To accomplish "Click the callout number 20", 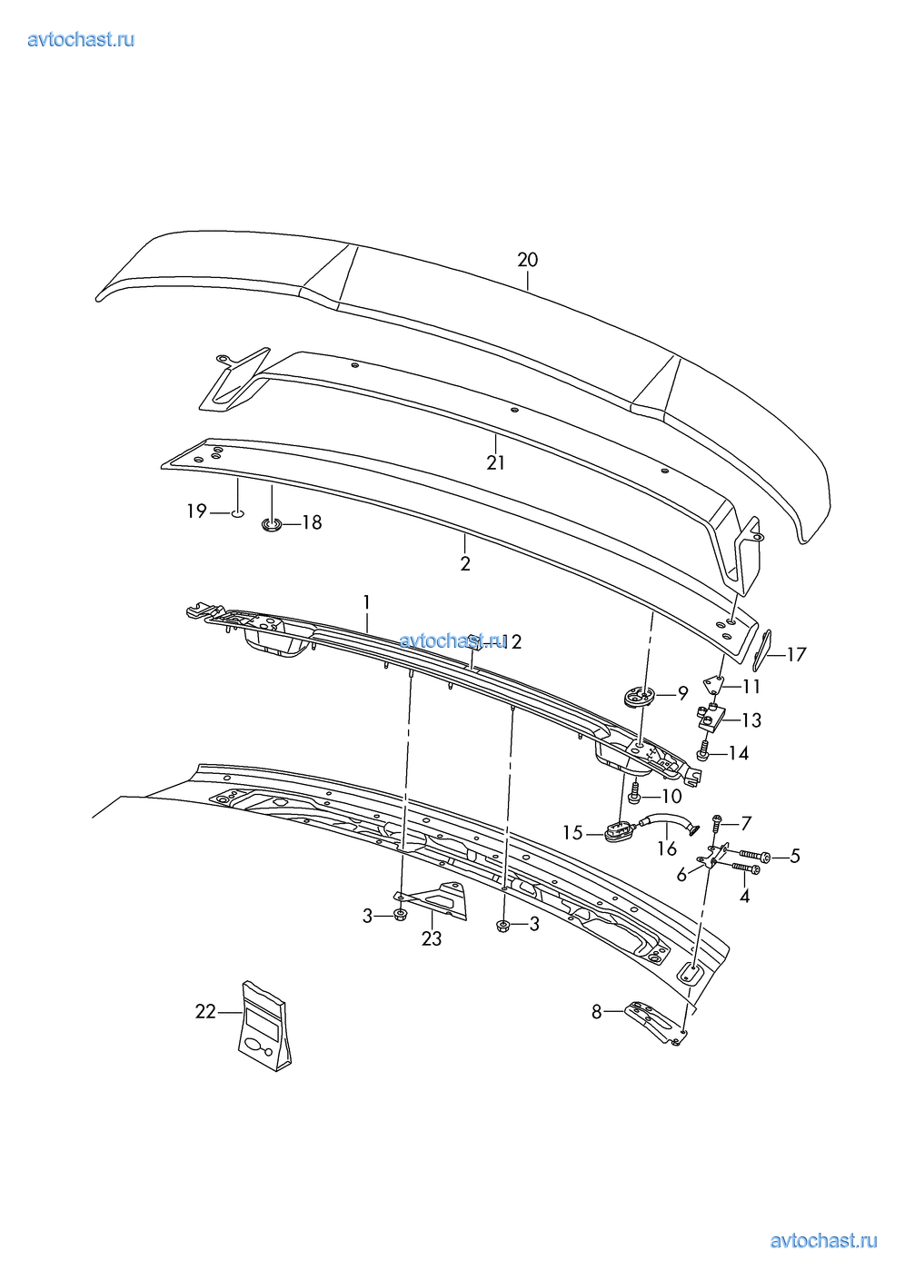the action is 527,261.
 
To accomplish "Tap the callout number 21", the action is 495,462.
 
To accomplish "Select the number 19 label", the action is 196,511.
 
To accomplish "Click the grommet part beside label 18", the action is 271,523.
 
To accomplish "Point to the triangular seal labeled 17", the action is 761,650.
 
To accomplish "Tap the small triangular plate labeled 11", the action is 713,684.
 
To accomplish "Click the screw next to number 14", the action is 704,752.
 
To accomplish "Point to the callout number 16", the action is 667,848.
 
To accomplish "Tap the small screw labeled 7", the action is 717,825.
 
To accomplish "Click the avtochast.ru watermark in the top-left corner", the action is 81,39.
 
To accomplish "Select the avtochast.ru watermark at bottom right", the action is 823,1241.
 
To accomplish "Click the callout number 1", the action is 366,602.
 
